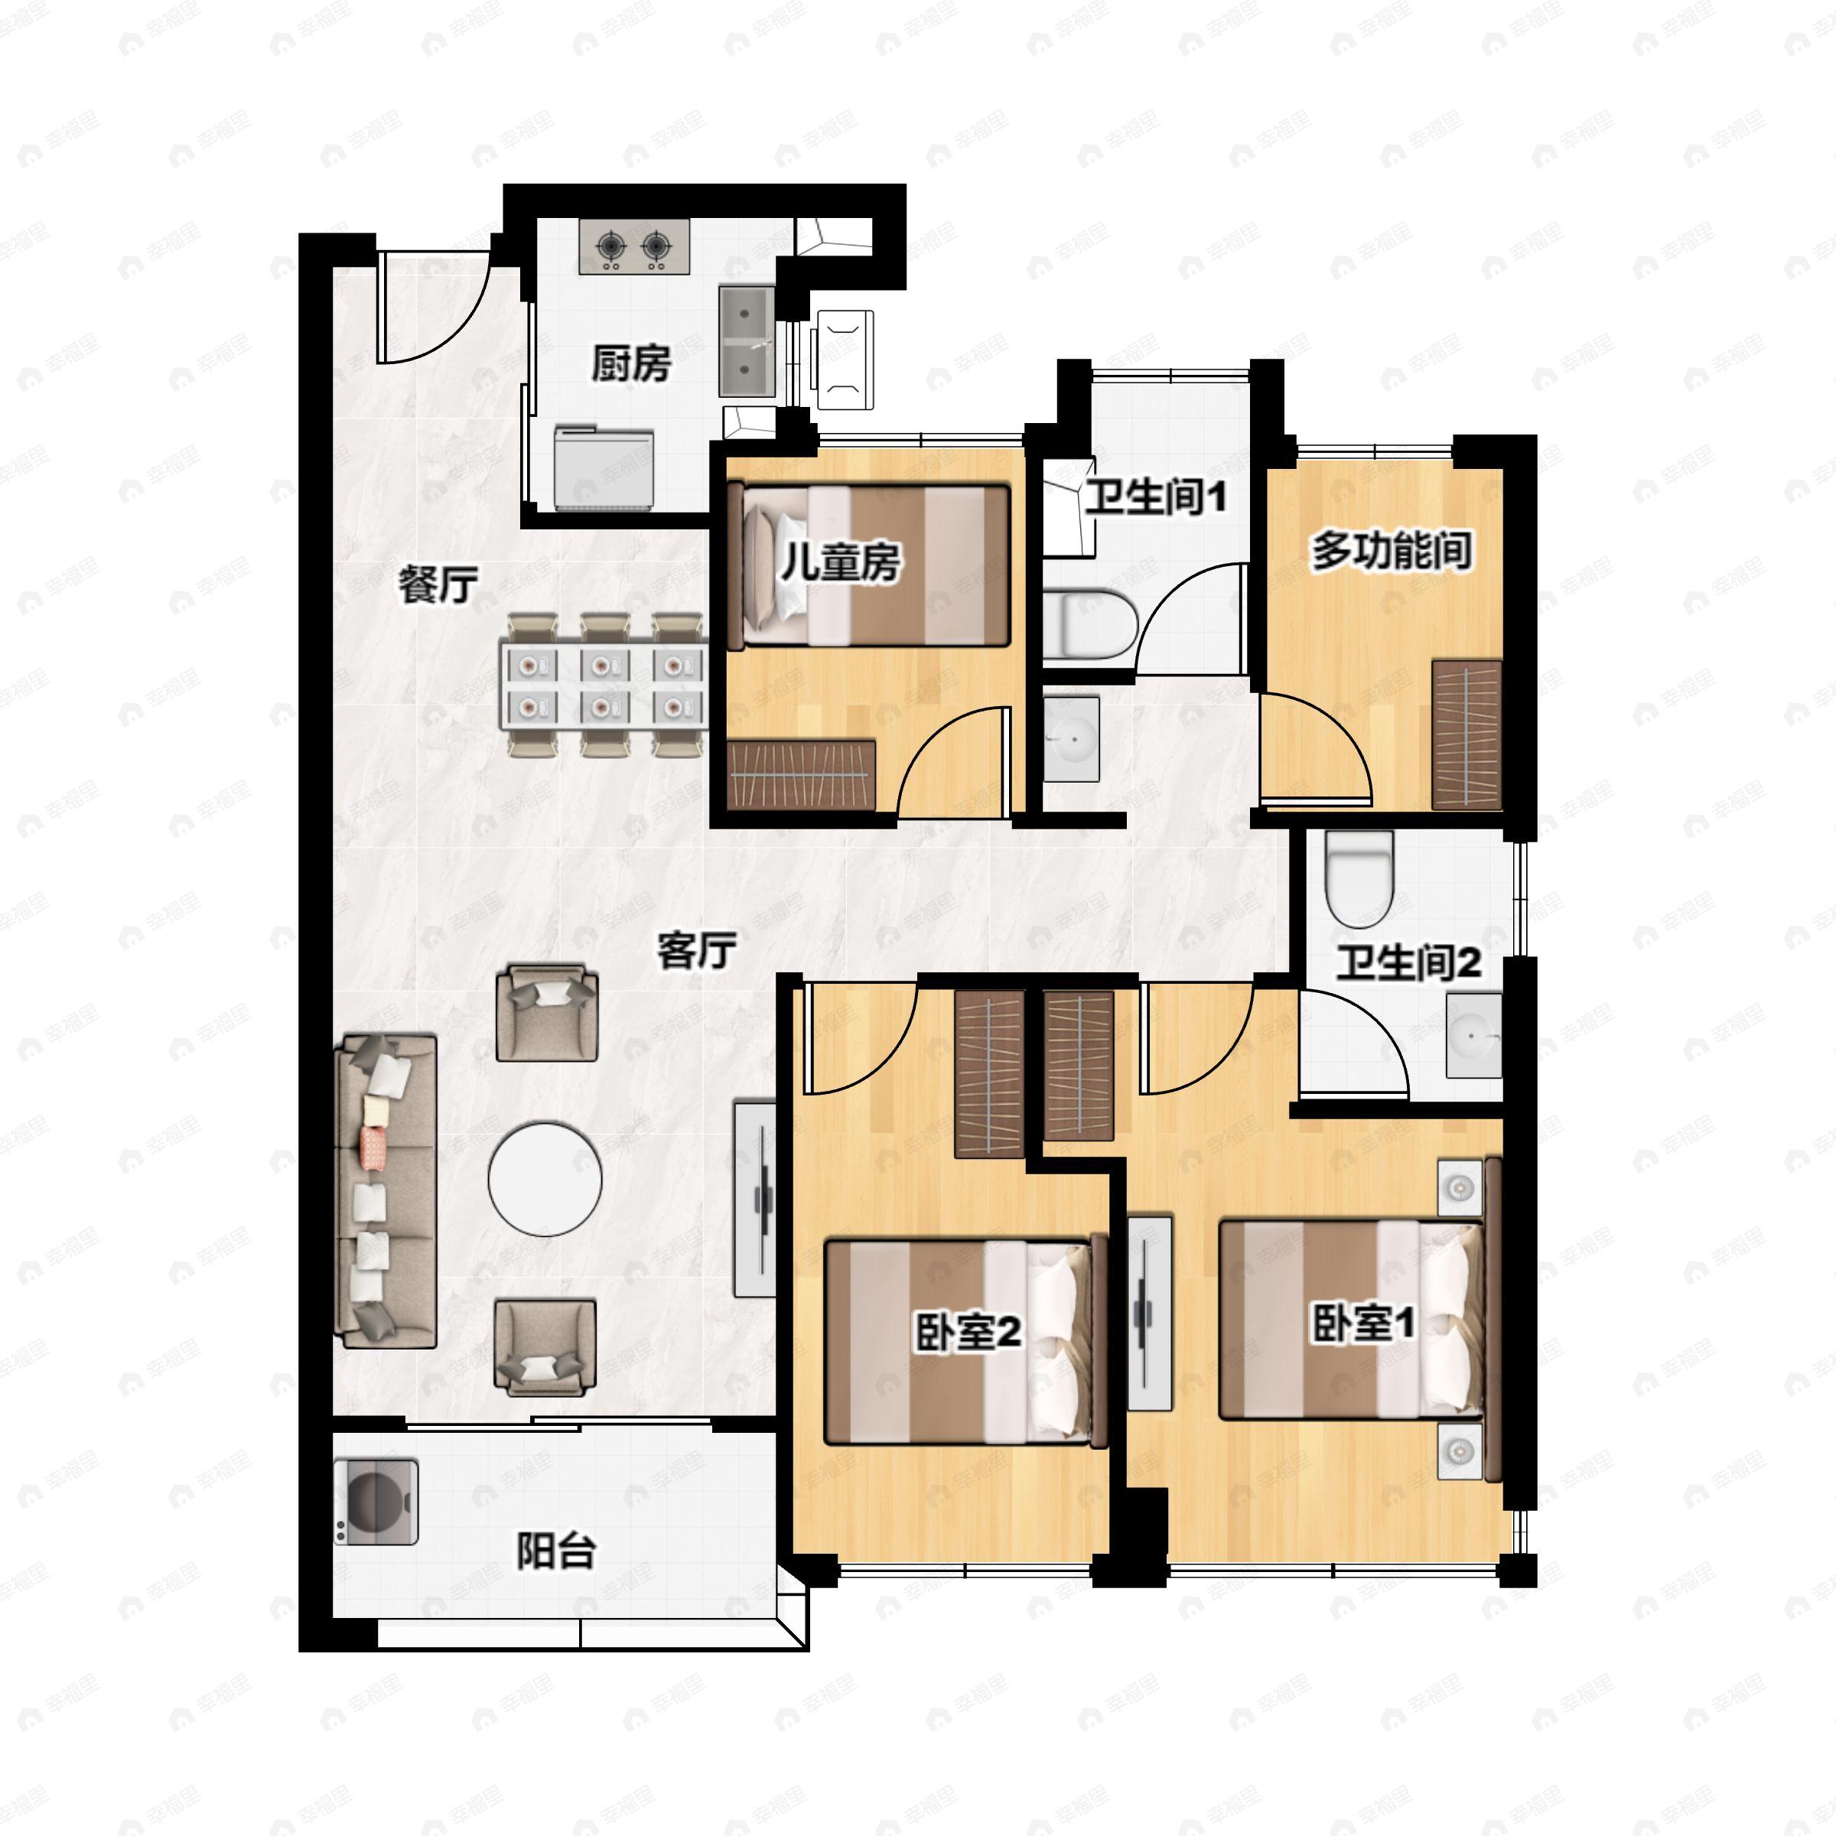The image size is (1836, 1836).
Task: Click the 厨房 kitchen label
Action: [631, 363]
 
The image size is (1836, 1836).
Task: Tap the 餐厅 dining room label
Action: [438, 584]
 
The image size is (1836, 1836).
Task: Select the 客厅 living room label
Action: [697, 950]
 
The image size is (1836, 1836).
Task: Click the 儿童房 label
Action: [839, 562]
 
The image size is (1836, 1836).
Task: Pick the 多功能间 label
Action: [1392, 551]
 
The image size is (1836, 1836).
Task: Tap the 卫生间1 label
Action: [1157, 497]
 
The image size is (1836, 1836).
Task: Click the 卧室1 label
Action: [1364, 1323]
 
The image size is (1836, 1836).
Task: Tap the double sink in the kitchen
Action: [747, 340]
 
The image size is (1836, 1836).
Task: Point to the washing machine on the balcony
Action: [376, 1502]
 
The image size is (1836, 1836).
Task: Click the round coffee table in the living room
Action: [545, 1180]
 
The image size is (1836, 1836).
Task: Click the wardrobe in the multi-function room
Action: [1467, 734]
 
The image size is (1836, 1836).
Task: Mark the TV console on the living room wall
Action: [754, 1200]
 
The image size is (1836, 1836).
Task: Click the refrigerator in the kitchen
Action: [604, 468]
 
